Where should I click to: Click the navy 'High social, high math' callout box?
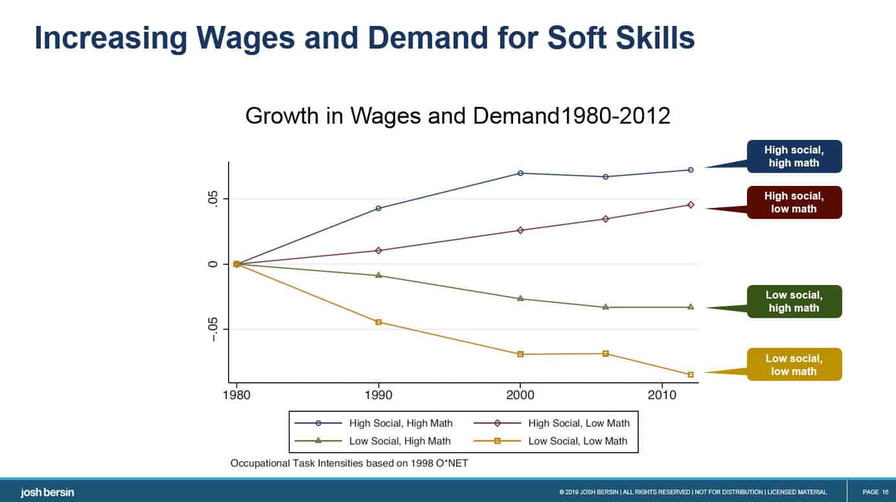pos(794,157)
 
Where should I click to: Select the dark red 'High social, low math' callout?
pos(794,202)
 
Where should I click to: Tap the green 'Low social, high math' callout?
pos(794,301)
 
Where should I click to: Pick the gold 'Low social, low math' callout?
pos(794,365)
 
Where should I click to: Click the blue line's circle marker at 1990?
pos(378,209)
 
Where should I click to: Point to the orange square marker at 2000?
pos(520,354)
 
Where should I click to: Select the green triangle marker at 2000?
pos(520,299)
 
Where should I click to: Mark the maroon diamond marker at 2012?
pos(691,205)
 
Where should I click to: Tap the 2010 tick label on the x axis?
pos(662,394)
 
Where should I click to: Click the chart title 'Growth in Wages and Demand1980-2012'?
pos(457,116)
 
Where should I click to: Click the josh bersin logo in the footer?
pos(47,492)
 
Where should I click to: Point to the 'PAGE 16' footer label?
pos(875,492)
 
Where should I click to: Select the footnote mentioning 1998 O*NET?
pos(354,464)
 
